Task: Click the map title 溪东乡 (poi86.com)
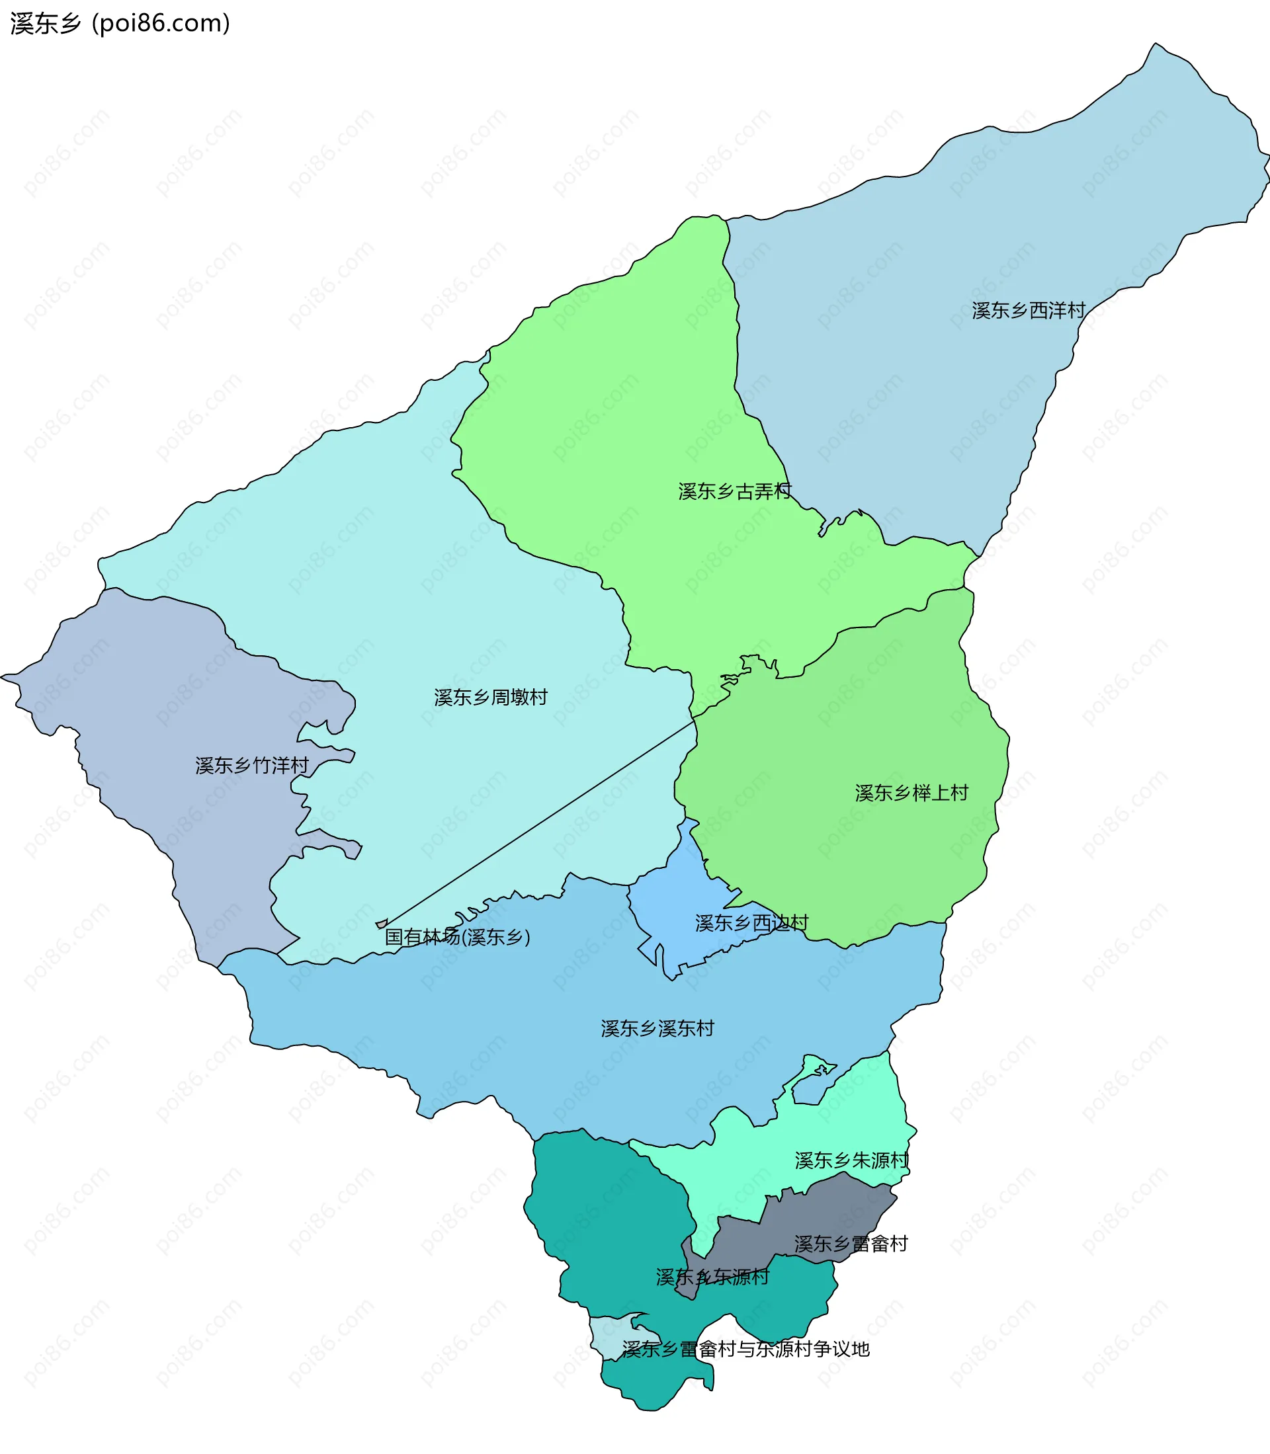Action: [x=120, y=23]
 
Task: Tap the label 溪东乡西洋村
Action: [x=1029, y=310]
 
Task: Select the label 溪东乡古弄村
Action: [x=734, y=491]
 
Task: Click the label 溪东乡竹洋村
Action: [x=251, y=765]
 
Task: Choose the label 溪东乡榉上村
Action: [x=911, y=793]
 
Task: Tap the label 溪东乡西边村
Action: [x=751, y=922]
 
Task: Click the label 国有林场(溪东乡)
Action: [x=457, y=937]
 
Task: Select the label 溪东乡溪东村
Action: [x=657, y=1028]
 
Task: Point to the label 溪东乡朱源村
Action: [x=851, y=1160]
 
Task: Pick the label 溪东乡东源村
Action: [x=712, y=1277]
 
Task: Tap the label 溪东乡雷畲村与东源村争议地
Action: [x=745, y=1349]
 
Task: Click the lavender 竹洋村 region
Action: [x=142, y=709]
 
